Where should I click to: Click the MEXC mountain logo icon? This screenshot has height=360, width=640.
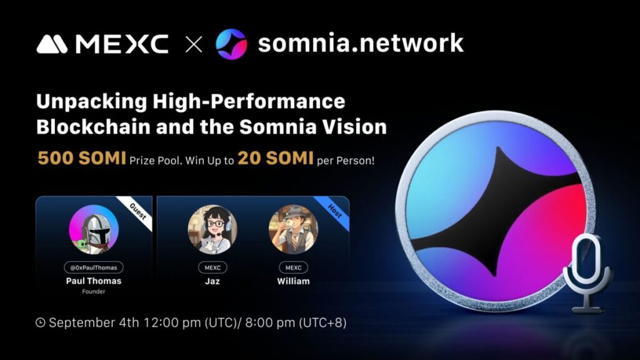click(52, 44)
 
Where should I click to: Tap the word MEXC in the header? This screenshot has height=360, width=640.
click(122, 44)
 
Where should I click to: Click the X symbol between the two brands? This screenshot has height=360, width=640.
click(194, 44)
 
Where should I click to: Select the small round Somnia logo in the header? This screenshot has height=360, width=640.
click(231, 44)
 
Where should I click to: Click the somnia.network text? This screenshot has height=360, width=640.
click(361, 43)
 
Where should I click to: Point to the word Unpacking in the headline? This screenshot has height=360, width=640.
click(91, 102)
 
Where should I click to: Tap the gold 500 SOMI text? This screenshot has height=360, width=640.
click(82, 158)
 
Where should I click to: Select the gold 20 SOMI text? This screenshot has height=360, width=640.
click(276, 158)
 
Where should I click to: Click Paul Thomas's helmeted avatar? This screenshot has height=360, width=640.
click(94, 229)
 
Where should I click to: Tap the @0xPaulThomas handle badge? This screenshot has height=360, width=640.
click(94, 267)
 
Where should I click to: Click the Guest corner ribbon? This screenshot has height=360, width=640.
click(139, 212)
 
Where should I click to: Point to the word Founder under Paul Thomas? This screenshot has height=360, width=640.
click(94, 291)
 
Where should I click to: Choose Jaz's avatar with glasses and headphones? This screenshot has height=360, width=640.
click(212, 229)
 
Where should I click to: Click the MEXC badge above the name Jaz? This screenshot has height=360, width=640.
click(212, 267)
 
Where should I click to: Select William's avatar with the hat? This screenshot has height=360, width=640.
click(293, 229)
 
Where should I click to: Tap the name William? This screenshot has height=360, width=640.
click(293, 281)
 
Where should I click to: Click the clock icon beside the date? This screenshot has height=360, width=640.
click(41, 323)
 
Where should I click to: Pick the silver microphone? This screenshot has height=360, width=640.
click(587, 274)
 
